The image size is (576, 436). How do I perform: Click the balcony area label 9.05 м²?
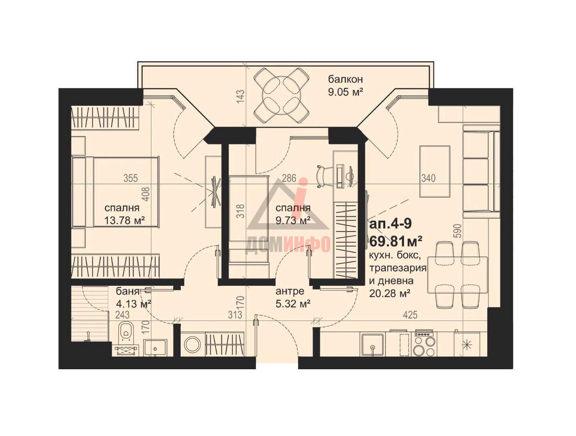point(346,92)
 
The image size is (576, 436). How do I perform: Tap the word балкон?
point(345,79)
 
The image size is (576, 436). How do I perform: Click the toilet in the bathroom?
point(126,333)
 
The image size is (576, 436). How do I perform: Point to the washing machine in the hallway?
point(192,344)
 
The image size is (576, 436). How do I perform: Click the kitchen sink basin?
point(372,344)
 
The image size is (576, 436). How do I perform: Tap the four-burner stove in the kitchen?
point(424,344)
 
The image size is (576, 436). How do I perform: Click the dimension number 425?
point(410,315)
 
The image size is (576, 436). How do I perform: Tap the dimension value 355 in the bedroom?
point(131,178)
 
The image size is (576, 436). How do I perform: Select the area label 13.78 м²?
point(125,220)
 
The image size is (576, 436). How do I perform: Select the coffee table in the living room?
point(435,171)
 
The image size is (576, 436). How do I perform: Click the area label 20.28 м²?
point(390,293)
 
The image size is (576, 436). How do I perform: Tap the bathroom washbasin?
point(155,348)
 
